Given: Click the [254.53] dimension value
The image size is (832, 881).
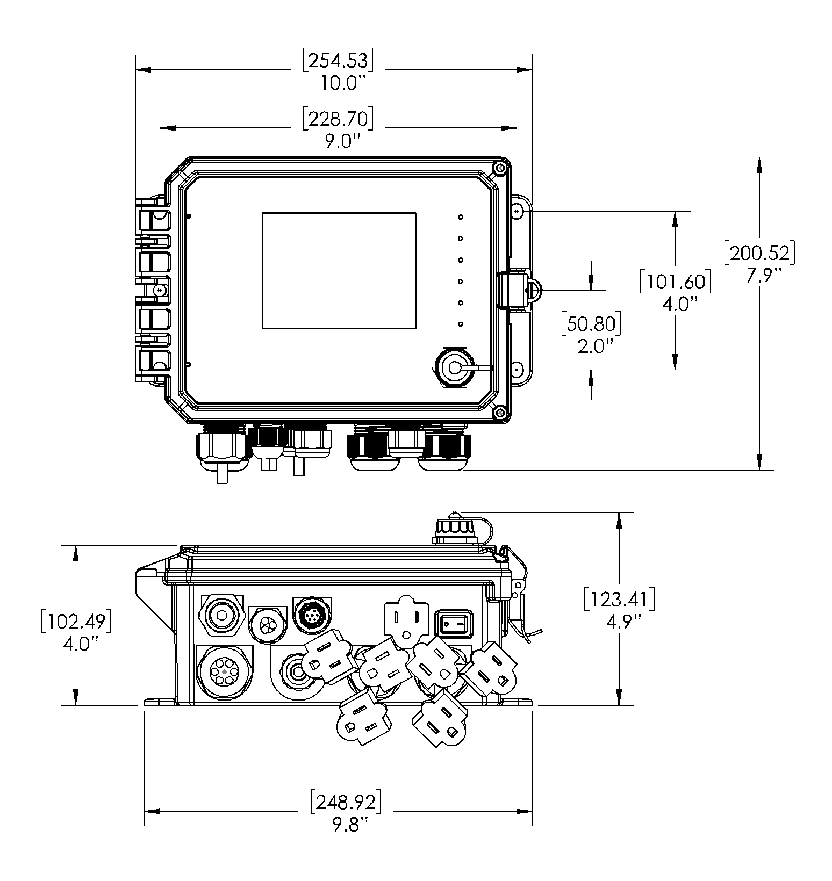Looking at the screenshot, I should click(x=338, y=61).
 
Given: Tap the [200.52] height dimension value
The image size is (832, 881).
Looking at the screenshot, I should click(x=759, y=253).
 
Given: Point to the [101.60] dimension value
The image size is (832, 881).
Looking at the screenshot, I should click(x=675, y=282).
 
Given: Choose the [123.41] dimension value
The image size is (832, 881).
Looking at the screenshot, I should click(x=619, y=600).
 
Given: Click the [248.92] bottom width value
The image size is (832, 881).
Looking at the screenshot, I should click(x=346, y=802).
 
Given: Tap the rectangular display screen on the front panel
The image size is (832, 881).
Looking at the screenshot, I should click(x=339, y=270).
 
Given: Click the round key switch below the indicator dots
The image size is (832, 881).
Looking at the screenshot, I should click(x=455, y=368).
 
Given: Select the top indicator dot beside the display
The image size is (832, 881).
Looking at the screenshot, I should click(x=461, y=217).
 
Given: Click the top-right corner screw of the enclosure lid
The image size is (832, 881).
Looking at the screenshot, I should click(x=500, y=169).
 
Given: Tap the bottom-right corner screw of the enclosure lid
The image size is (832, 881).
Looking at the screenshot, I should click(x=500, y=413).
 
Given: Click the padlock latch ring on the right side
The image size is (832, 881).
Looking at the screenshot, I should click(x=534, y=291).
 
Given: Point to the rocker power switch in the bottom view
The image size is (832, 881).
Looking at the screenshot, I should click(x=453, y=624).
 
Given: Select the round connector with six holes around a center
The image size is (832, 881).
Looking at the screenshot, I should click(x=224, y=672).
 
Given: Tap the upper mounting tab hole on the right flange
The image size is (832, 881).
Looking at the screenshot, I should click(x=517, y=212).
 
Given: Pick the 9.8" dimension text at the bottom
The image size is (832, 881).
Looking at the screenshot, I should click(x=346, y=824).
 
